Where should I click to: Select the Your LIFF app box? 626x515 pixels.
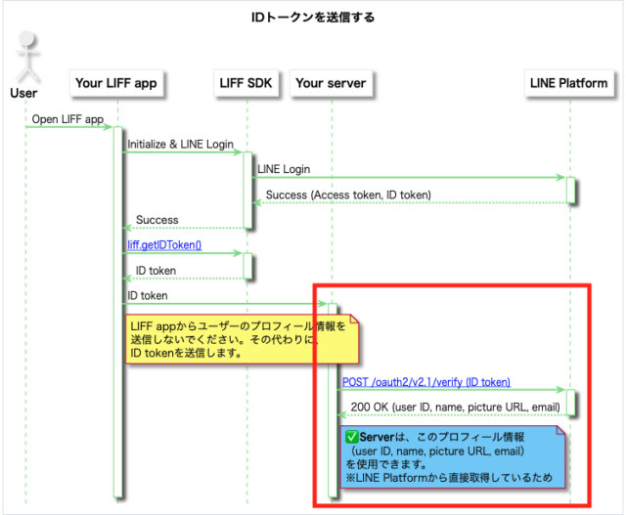(115, 84)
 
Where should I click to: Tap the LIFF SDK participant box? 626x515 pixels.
(246, 84)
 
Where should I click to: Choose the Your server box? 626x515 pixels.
(330, 84)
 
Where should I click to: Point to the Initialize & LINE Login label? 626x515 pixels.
(180, 145)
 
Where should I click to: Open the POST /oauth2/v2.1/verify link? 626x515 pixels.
(425, 382)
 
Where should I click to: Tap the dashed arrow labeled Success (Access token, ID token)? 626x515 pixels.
(411, 203)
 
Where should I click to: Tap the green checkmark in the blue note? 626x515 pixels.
(352, 436)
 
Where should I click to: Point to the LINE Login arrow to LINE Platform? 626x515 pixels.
(411, 178)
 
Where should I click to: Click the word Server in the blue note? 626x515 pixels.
(378, 436)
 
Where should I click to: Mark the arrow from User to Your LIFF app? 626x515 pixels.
(68, 127)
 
